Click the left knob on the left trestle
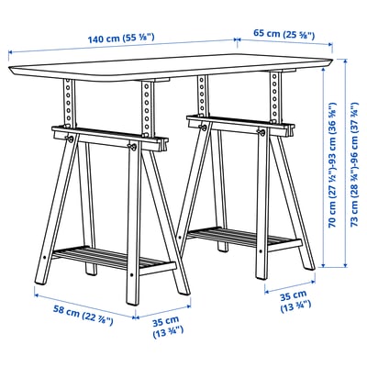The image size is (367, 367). [69, 139]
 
